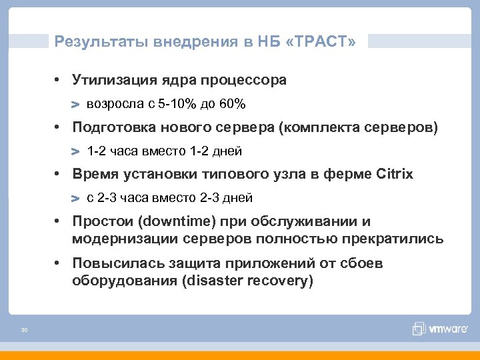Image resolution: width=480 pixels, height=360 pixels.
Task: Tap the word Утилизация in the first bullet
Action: pyautogui.click(x=114, y=80)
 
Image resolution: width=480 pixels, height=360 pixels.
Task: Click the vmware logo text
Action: pyautogui.click(x=447, y=329)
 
